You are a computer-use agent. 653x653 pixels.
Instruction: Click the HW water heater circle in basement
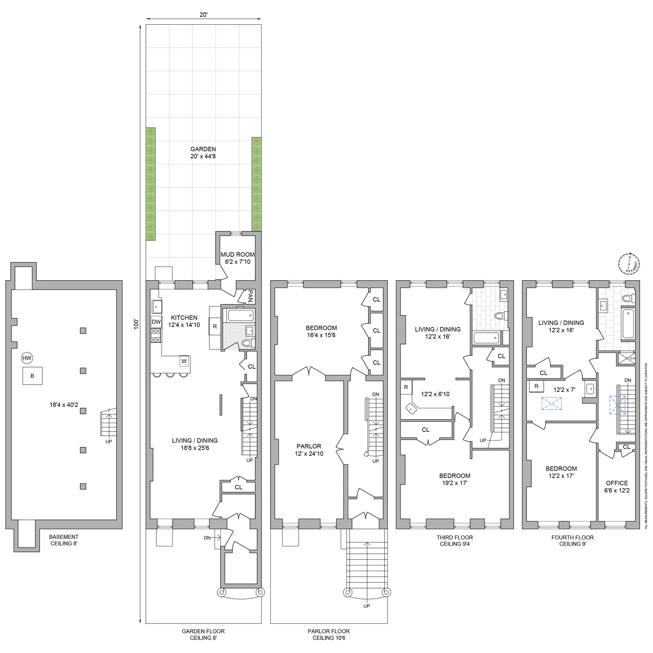pos(27,358)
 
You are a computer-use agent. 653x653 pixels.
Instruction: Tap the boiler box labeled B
pos(33,376)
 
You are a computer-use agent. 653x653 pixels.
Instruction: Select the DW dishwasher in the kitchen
pos(156,322)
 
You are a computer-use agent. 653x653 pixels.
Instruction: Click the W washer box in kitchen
pos(184,361)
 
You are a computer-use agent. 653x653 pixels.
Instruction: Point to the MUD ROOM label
pos(237,255)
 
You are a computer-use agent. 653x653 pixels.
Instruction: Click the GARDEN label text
pos(203,149)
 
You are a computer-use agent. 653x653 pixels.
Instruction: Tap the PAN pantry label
pos(250,297)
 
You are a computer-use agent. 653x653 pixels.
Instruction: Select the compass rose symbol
pos(629,264)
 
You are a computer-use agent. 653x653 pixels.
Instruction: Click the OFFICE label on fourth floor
pos(617,483)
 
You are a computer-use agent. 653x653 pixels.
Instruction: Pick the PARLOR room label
pos(309,446)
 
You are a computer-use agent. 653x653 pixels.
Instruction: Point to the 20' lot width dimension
pos(203,14)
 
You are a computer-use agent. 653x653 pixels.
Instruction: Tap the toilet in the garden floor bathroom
pos(246,344)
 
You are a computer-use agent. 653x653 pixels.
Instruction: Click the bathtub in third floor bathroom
pos(486,338)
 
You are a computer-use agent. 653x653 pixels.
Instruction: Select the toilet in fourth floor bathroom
pos(628,299)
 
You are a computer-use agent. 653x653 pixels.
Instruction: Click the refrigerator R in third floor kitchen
pos(406,387)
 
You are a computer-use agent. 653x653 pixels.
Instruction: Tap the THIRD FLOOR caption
pos(454,537)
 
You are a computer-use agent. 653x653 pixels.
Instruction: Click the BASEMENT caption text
pos(64,537)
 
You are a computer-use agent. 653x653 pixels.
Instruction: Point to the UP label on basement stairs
pos(108,441)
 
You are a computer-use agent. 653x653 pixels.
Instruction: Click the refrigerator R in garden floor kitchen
pos(215,326)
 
